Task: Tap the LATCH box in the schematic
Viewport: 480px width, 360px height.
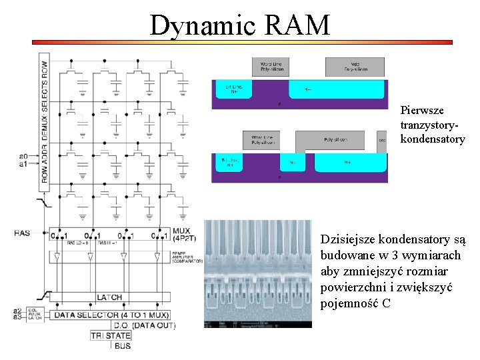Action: click(x=110, y=296)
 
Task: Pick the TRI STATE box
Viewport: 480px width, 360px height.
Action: click(x=111, y=335)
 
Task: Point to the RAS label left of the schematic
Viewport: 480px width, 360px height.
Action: click(x=22, y=233)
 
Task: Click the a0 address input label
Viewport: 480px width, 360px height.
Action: click(x=23, y=156)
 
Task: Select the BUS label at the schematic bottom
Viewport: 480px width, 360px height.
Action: click(x=122, y=346)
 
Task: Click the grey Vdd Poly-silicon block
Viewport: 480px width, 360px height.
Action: click(x=355, y=66)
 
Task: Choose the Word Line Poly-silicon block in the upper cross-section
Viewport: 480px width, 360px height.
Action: click(x=271, y=66)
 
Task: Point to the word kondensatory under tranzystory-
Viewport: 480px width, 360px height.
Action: click(x=432, y=139)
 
